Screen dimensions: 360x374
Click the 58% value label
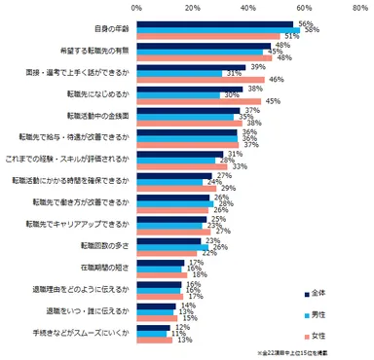click(x=313, y=29)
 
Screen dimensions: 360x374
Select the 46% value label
click(x=276, y=78)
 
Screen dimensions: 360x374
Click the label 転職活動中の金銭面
click(x=99, y=116)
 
